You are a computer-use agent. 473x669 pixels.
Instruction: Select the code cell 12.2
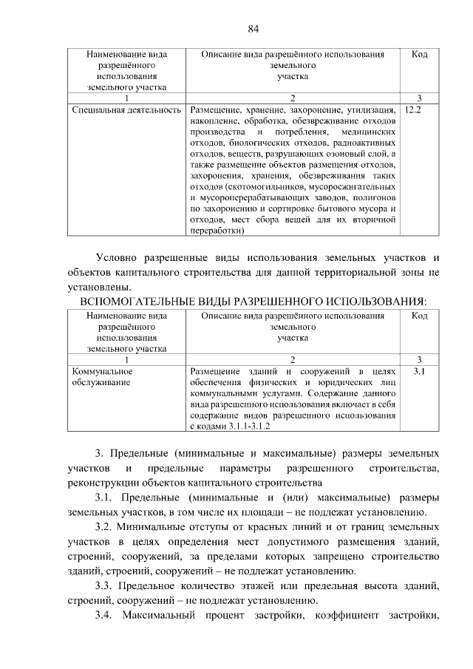tap(414, 109)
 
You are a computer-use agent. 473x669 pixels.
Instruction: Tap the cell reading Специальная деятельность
tap(126, 109)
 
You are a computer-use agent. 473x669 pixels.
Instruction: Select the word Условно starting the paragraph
tap(120, 257)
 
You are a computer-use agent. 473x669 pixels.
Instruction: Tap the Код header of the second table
tap(419, 316)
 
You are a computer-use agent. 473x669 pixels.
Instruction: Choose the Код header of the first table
tap(419, 55)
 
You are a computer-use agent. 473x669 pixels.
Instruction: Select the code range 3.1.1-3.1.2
tap(245, 427)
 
